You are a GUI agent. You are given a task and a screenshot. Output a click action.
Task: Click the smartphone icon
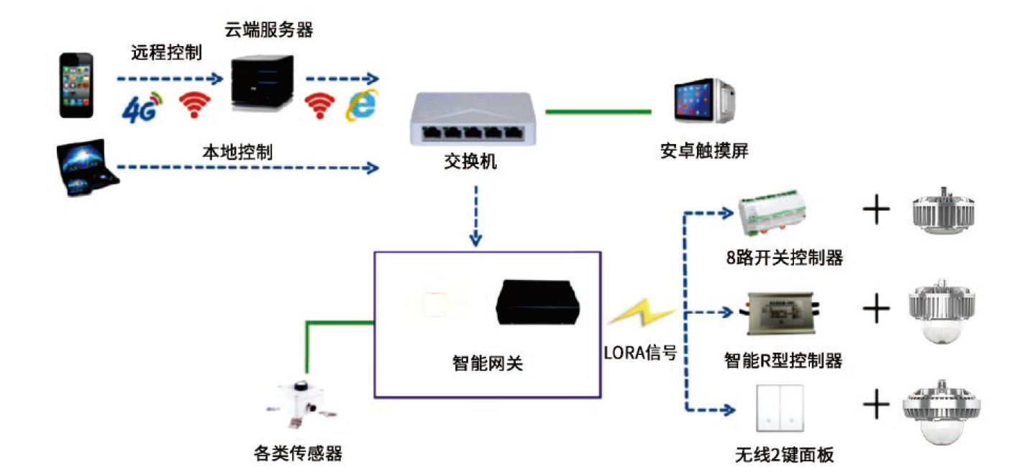coord(76,84)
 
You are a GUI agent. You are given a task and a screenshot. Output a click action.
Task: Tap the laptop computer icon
coord(87,168)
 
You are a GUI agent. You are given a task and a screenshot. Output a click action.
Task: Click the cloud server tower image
coord(263,84)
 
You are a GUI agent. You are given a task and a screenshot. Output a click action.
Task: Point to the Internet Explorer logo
coord(361,106)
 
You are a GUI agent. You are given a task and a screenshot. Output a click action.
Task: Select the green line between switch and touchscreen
coord(598,112)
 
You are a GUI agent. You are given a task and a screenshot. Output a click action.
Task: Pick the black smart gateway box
coord(537,302)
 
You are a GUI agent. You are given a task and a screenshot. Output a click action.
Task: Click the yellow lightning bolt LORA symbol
coord(640,315)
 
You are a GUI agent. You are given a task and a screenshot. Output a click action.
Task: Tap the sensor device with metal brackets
coord(302,404)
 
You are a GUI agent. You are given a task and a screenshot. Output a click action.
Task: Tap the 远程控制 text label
coord(166,53)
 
